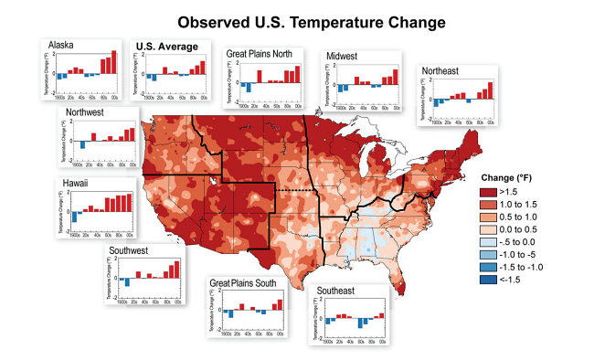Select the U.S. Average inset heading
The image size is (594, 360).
pyautogui.click(x=165, y=46)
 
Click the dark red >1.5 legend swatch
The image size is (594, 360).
pyautogui.click(x=493, y=193)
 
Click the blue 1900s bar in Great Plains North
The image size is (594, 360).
pyautogui.click(x=247, y=87)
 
